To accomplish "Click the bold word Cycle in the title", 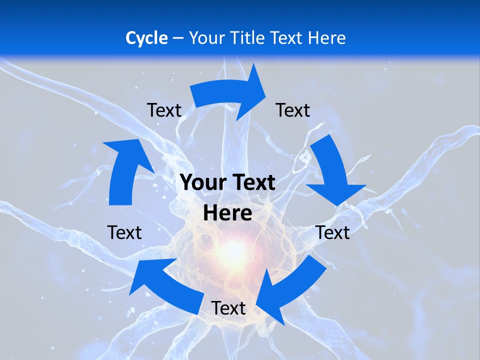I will pos(146,38).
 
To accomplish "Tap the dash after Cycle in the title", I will pos(178,38).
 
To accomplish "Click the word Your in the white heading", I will pos(206,38).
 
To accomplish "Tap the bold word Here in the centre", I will pos(227,213).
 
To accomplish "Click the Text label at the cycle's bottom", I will pos(228,308).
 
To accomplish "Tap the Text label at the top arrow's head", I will pos(293,110).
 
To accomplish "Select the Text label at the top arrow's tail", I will pos(164,110).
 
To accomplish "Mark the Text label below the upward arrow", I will pos(124,232).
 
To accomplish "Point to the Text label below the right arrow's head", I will pos(333,232).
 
